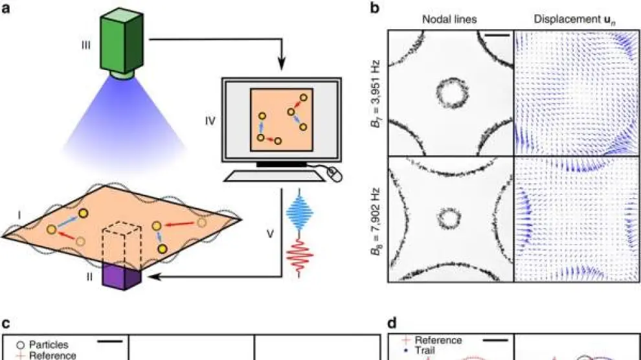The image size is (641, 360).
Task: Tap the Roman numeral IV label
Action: pos(209,120)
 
